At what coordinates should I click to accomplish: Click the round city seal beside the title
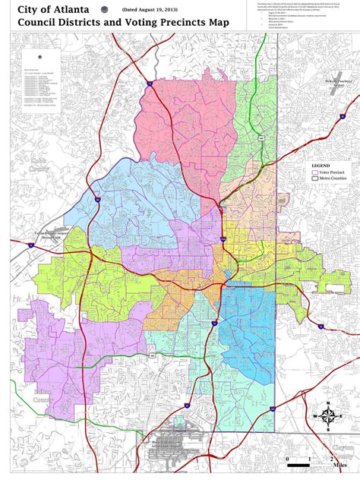click(104, 9)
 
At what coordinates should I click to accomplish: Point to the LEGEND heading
click(321, 164)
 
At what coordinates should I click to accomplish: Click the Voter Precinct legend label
click(331, 173)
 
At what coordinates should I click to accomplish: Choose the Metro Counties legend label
click(332, 182)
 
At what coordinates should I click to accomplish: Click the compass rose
click(328, 415)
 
